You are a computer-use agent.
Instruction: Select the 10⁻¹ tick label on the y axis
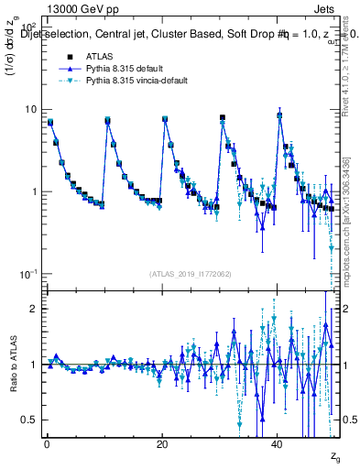click(30, 274)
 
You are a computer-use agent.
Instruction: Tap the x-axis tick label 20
click(162, 442)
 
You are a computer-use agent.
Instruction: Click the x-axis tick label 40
click(278, 442)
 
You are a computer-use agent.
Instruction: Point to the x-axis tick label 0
click(46, 442)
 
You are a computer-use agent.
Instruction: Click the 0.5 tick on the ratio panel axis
click(31, 420)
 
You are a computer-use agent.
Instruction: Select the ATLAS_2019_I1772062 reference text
click(192, 274)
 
